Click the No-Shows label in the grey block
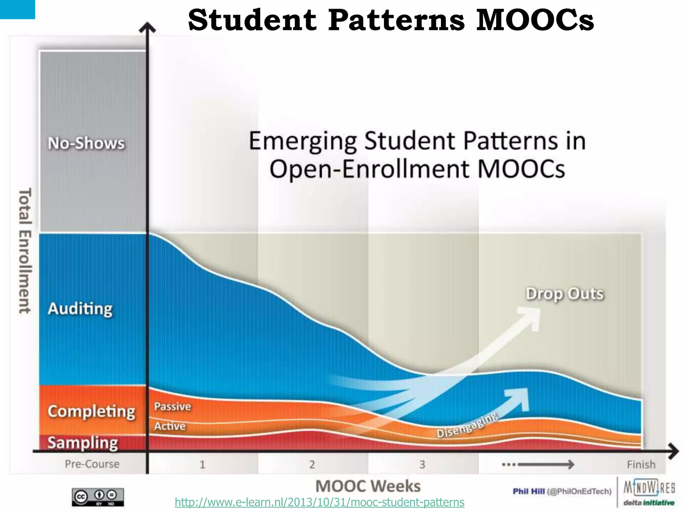click(x=86, y=143)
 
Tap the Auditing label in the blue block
click(x=80, y=309)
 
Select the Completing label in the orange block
click(x=91, y=412)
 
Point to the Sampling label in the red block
click(x=83, y=443)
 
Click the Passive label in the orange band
click(x=172, y=406)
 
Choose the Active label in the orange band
click(x=169, y=426)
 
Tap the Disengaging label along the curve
click(x=467, y=426)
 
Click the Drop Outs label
click(x=565, y=294)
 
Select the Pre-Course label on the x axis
click(x=92, y=464)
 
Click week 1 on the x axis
click(x=202, y=464)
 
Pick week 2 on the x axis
click(x=312, y=464)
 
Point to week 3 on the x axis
click(x=422, y=464)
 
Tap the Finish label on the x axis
click(x=641, y=464)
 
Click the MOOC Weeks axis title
click(x=368, y=486)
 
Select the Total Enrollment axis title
click(x=25, y=251)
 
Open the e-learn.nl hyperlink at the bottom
click(x=319, y=502)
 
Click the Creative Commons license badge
click(x=98, y=497)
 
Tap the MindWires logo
click(x=649, y=488)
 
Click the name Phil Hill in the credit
click(x=529, y=491)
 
